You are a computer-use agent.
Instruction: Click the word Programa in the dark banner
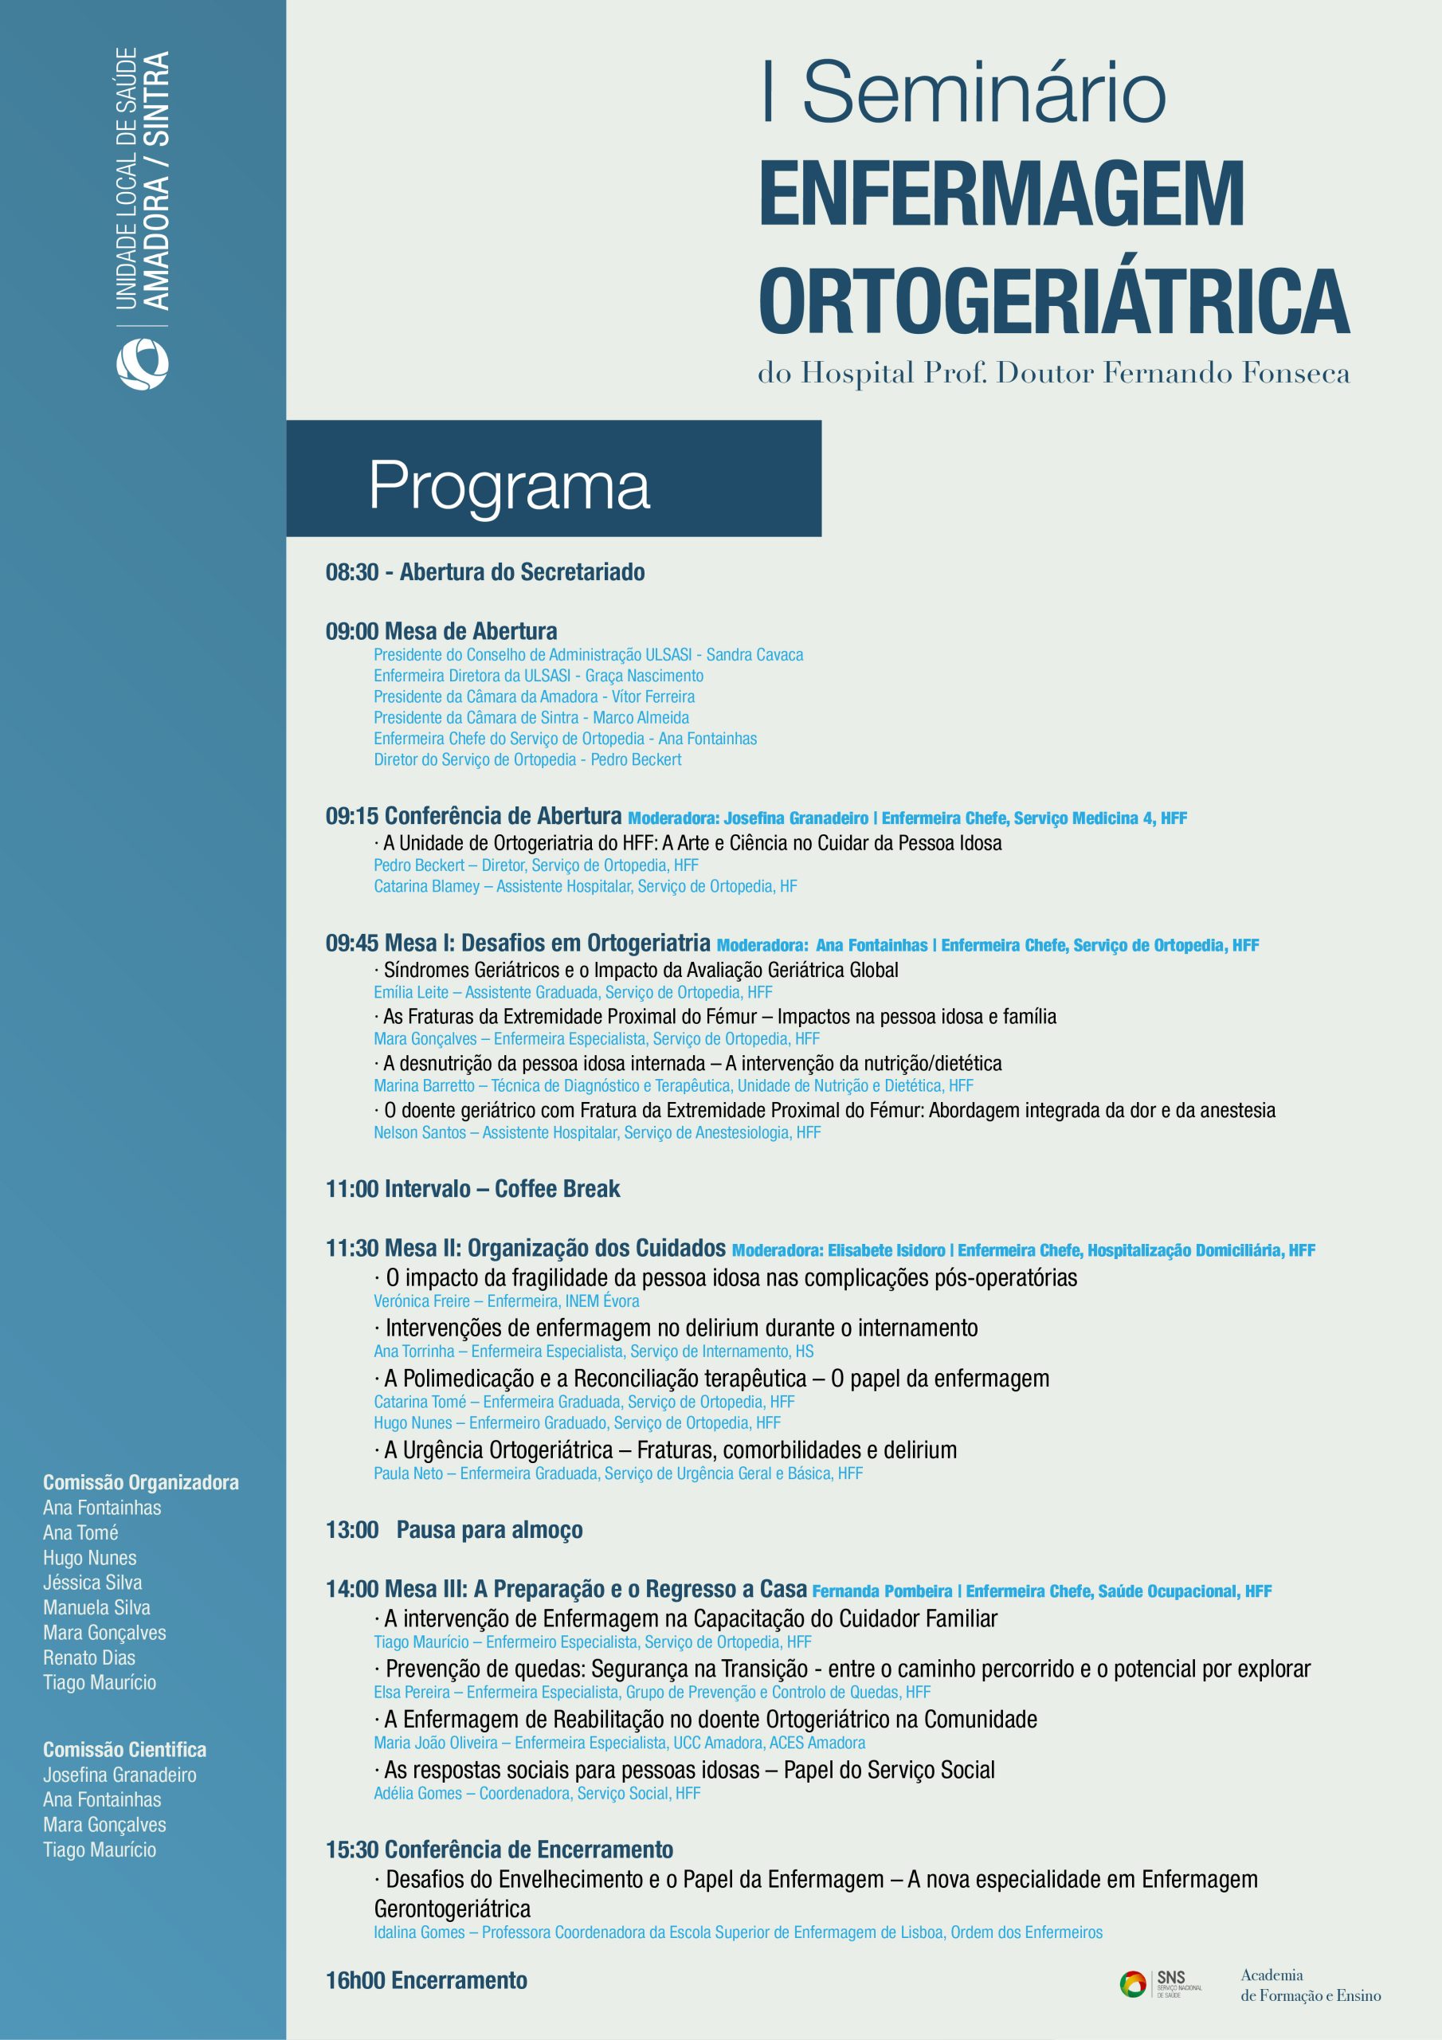(x=509, y=486)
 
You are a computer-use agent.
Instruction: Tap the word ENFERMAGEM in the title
(x=1001, y=194)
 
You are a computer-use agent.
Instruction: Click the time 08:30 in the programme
(x=352, y=572)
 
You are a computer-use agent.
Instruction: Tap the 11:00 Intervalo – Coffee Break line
(x=472, y=1189)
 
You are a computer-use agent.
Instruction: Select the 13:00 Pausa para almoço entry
(x=454, y=1530)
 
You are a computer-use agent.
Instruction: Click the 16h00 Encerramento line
(x=426, y=1980)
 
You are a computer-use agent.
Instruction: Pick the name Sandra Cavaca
(x=754, y=655)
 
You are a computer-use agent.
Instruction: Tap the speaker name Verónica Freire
(x=421, y=1300)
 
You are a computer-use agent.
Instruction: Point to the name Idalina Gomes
(x=418, y=1932)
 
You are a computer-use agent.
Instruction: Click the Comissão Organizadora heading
(x=140, y=1482)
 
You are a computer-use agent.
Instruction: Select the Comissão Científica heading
(x=124, y=1749)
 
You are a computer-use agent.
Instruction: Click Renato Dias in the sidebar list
(x=89, y=1657)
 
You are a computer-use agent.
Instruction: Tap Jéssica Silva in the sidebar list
(x=92, y=1583)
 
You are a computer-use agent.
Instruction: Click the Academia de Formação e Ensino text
(x=1310, y=1985)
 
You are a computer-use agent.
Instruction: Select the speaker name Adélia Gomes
(x=417, y=1793)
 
